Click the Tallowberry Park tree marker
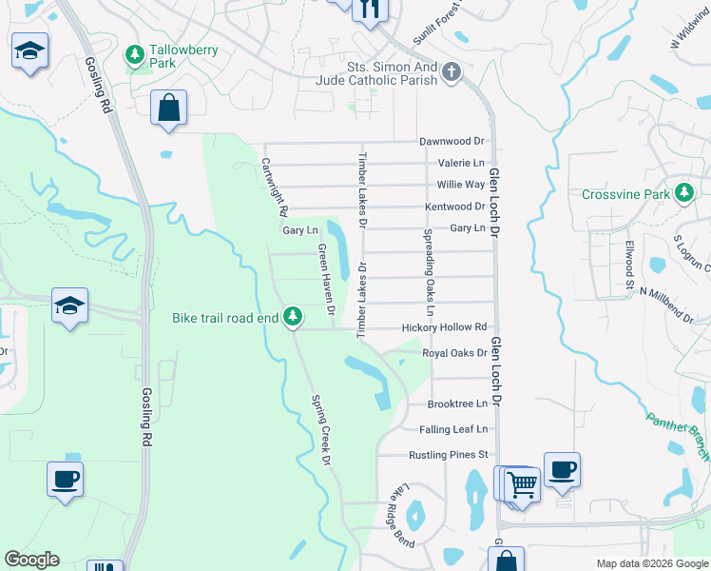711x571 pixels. coord(135,53)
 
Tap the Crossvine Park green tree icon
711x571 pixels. coord(683,194)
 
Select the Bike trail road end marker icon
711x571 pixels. coord(294,316)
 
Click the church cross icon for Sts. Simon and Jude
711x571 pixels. coord(452,71)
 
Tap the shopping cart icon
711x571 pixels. coord(522,483)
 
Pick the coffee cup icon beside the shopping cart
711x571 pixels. coord(562,469)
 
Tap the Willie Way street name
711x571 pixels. coord(461,185)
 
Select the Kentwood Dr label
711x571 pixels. coord(454,207)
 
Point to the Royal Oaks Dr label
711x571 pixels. coord(454,352)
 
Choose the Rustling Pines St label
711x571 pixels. coord(448,455)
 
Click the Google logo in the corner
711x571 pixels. coord(31,560)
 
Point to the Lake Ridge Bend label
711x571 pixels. coord(401,515)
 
